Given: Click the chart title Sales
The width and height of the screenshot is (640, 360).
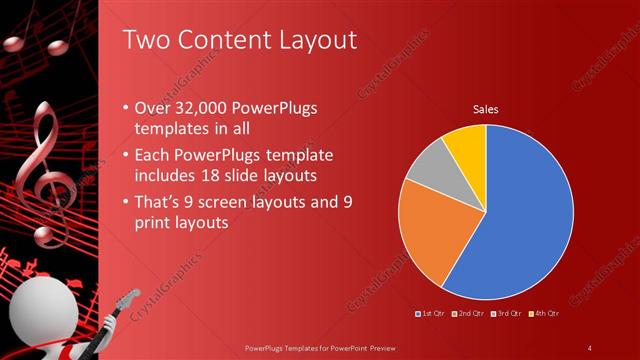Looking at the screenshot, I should pos(486,109).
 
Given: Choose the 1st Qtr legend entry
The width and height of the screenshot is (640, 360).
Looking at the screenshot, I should pos(431,314).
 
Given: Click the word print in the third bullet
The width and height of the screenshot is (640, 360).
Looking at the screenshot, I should pos(155,223).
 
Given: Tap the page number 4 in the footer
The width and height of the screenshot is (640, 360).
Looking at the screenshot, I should pos(590,347).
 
